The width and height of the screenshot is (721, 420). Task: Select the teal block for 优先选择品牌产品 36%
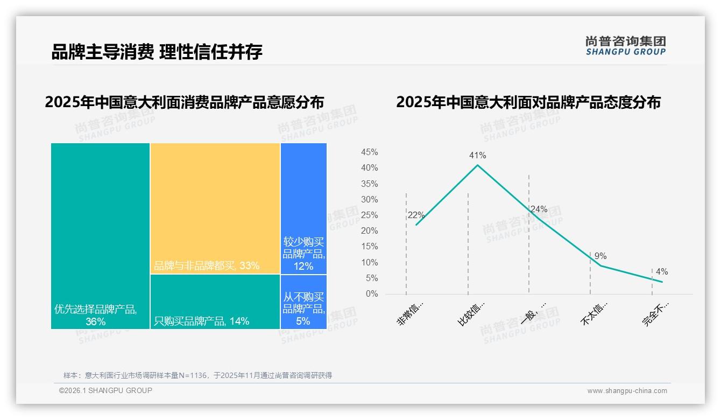coord(100,236)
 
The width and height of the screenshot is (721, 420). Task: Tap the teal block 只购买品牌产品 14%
coord(215,302)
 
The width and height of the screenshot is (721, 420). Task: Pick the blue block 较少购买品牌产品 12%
coord(303,208)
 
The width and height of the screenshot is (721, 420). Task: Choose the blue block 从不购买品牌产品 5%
coord(303,302)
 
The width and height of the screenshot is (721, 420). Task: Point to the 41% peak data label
coord(477,156)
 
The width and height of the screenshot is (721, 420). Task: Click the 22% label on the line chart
coord(416,215)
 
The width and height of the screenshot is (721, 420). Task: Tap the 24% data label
coord(539,209)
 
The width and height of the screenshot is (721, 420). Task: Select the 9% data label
coord(600,256)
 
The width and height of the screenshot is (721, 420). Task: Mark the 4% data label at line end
coord(662,272)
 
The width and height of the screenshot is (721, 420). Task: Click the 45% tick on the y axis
coord(369,152)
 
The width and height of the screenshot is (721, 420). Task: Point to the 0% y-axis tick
coord(372,294)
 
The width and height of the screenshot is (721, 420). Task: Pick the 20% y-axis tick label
coord(369,231)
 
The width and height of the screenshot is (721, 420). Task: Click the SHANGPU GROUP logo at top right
coord(625,46)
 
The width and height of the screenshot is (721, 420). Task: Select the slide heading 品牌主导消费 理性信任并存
coord(157,52)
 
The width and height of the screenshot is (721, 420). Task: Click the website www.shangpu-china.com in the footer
coord(627,391)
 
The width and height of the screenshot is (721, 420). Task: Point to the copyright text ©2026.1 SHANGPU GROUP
coord(105,390)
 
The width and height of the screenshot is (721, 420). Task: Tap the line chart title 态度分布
coord(528,102)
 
